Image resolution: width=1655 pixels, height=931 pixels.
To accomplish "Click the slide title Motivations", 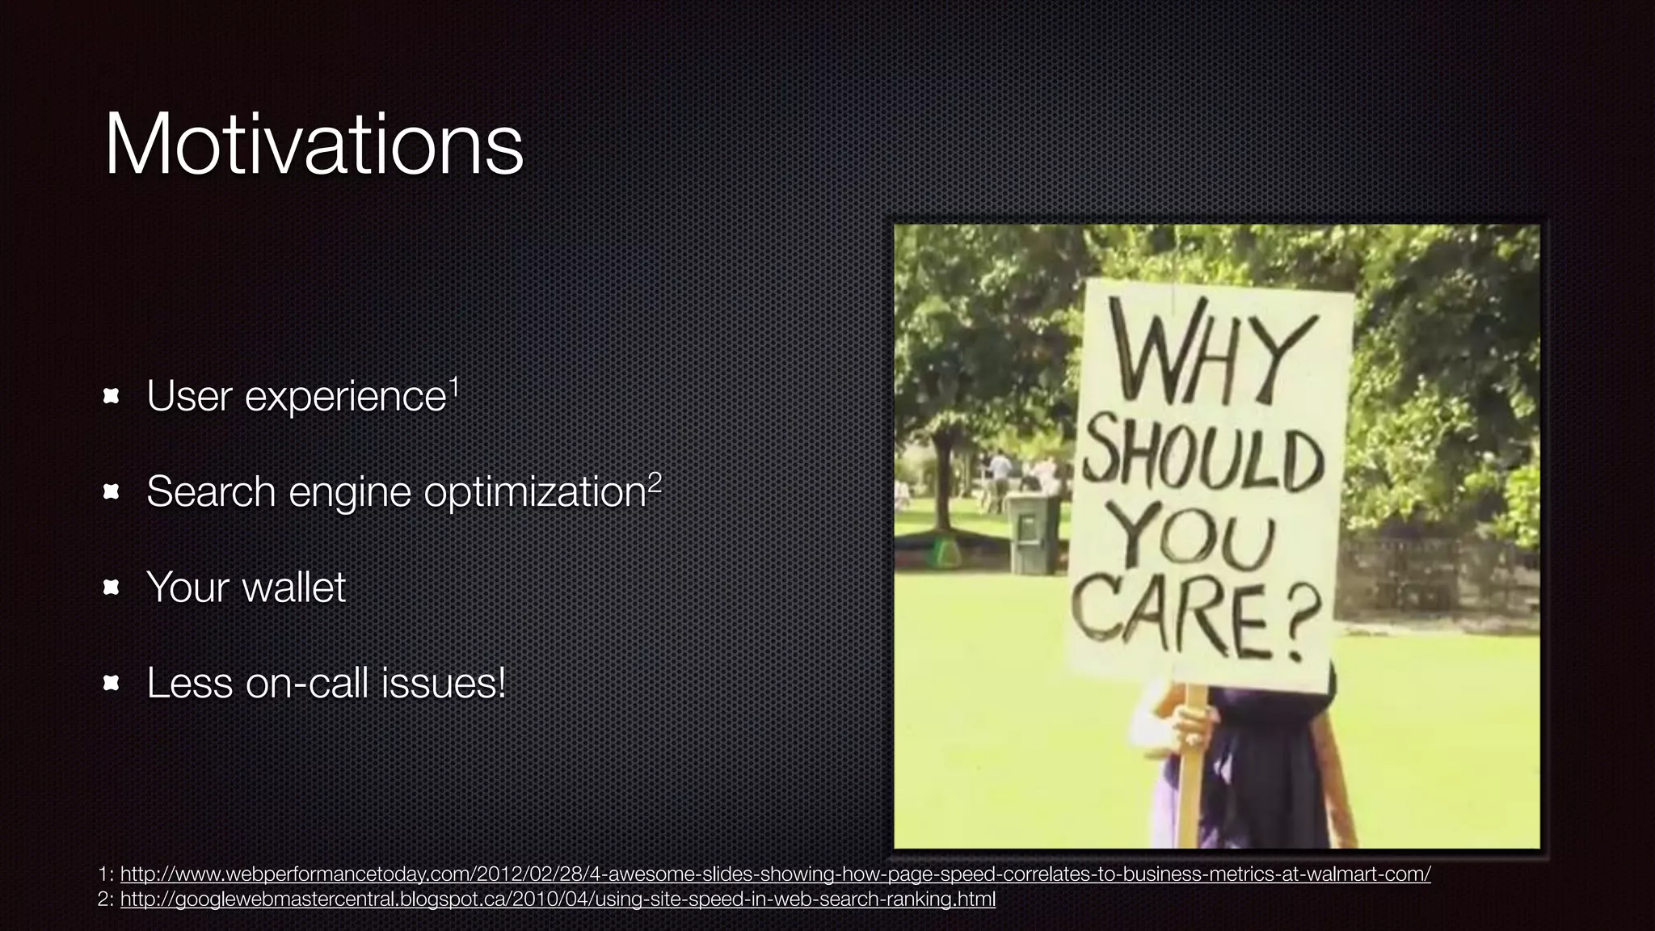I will pyautogui.click(x=314, y=145).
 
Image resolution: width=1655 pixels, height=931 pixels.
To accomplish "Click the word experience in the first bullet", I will pyautogui.click(x=345, y=397).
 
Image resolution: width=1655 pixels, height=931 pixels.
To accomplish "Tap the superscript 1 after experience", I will pyautogui.click(x=454, y=388).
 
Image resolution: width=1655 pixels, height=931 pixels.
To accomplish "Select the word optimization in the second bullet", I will pyautogui.click(x=534, y=492).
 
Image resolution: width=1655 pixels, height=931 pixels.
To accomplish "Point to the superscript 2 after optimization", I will pyautogui.click(x=655, y=483).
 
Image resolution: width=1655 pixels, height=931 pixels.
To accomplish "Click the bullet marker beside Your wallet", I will pyautogui.click(x=112, y=588).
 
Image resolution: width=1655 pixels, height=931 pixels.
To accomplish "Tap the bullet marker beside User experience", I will pyautogui.click(x=112, y=396).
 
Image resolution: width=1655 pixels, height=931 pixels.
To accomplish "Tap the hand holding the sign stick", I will pyautogui.click(x=1190, y=724).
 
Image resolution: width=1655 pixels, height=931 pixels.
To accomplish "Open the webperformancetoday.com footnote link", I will pyautogui.click(x=775, y=874).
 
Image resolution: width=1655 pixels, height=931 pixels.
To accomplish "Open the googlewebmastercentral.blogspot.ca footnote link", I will pyautogui.click(x=558, y=899).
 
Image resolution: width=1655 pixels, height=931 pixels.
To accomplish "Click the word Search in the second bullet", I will pyautogui.click(x=211, y=492).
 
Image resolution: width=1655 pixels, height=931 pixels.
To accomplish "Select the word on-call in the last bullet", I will pyautogui.click(x=306, y=684).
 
